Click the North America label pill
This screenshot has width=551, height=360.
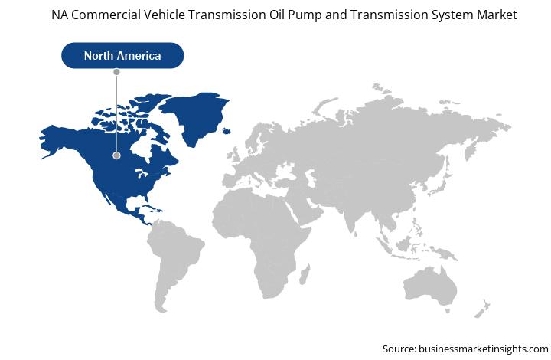pos(122,55)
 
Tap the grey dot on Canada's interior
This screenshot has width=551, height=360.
pos(116,155)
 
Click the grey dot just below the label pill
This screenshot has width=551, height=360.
pos(116,72)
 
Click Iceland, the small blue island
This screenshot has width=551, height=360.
pos(227,131)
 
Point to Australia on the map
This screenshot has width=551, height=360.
pos(430,286)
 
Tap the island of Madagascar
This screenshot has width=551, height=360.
pos(305,274)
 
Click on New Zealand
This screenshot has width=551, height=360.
pos(482,309)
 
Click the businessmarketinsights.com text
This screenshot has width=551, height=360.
pos(484,349)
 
